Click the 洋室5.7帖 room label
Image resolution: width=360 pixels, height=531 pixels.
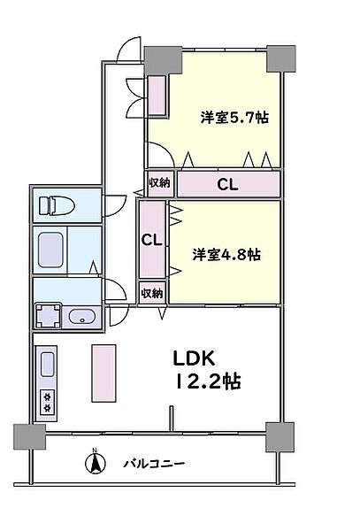click(x=234, y=117)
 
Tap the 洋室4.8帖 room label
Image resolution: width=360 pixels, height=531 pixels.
click(x=226, y=254)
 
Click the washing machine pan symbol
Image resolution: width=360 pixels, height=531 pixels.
click(x=48, y=316)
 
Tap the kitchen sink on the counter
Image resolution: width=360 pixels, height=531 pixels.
click(x=47, y=364)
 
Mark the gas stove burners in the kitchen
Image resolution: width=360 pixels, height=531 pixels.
click(x=47, y=403)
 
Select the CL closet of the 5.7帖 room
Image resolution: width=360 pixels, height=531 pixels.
click(x=228, y=183)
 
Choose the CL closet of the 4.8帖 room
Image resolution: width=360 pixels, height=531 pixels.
click(x=150, y=240)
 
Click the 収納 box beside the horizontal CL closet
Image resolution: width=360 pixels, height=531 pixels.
click(x=159, y=183)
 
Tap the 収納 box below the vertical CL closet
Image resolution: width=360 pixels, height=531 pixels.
click(x=151, y=293)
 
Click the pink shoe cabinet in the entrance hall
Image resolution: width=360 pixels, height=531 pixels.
click(x=157, y=96)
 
